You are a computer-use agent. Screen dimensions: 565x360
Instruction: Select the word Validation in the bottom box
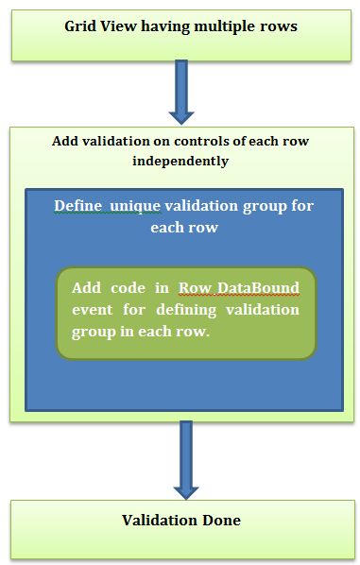(157, 521)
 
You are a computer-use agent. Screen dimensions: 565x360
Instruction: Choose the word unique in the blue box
(134, 205)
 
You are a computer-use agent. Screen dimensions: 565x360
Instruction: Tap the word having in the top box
(166, 26)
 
